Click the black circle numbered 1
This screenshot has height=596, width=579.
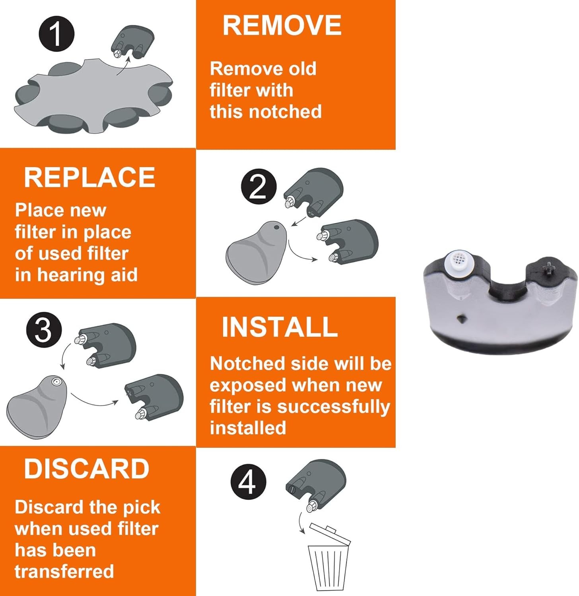56,33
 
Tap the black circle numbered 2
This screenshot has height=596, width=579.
258,187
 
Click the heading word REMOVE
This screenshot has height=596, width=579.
282,25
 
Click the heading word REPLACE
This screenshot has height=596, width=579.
89,177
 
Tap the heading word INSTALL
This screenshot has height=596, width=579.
280,327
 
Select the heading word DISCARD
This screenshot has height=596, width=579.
87,469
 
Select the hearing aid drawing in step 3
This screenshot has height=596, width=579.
39,406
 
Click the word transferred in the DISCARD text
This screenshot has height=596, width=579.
64,571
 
